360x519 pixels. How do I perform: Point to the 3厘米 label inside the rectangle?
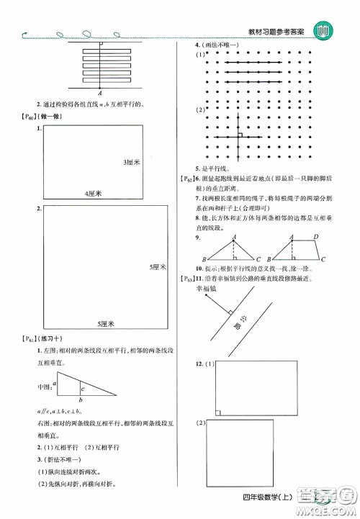point(130,162)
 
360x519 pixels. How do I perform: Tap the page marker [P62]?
point(189,178)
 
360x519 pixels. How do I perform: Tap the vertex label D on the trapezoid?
point(317,238)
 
